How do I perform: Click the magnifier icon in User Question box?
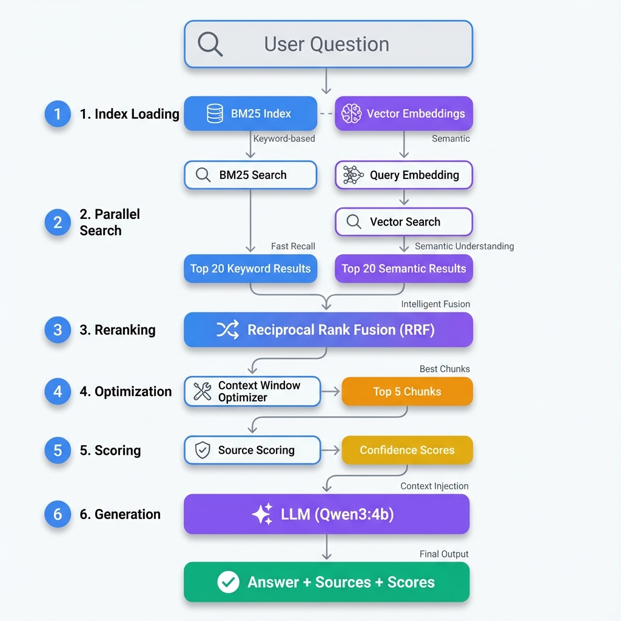[x=210, y=44]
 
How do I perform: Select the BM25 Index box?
[x=250, y=113]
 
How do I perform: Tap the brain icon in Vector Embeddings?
[x=351, y=113]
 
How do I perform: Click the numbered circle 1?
[x=58, y=114]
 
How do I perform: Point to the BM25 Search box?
[x=250, y=175]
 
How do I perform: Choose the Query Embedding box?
[x=404, y=175]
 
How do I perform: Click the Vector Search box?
[x=404, y=222]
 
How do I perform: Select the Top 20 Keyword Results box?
[x=250, y=269]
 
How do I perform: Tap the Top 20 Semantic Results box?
[x=404, y=269]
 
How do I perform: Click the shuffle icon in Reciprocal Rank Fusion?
[x=227, y=330]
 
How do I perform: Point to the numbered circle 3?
[x=58, y=330]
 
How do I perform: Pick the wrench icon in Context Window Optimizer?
[x=202, y=392]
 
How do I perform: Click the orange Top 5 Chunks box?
[x=407, y=392]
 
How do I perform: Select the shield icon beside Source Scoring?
[x=202, y=450]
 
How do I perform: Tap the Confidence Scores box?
[x=407, y=450]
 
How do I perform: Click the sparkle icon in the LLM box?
[x=263, y=514]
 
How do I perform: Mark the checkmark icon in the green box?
[x=228, y=582]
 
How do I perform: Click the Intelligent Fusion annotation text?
[x=435, y=304]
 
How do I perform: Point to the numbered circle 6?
[x=58, y=514]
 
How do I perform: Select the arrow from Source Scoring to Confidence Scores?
[x=331, y=450]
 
